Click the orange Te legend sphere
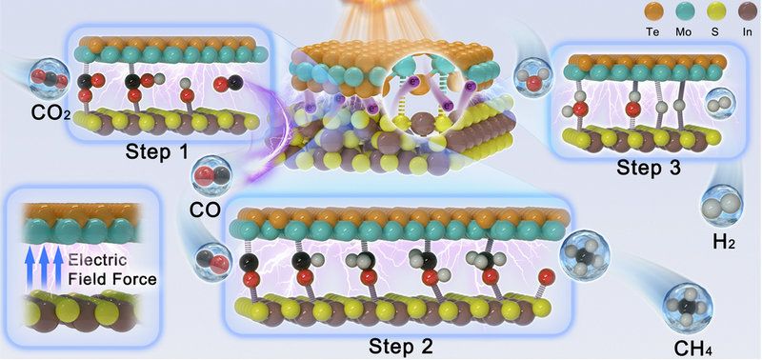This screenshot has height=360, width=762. (x=652, y=11)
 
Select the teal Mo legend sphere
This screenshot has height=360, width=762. (x=685, y=11)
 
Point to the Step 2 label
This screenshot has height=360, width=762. (x=400, y=346)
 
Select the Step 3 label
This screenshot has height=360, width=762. (x=649, y=168)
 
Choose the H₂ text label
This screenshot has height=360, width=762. (x=724, y=242)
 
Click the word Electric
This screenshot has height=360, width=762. (x=97, y=260)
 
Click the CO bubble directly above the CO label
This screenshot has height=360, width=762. (x=211, y=176)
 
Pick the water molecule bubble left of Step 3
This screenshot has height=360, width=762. (x=533, y=77)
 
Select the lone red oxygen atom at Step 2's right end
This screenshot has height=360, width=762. (x=547, y=277)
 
